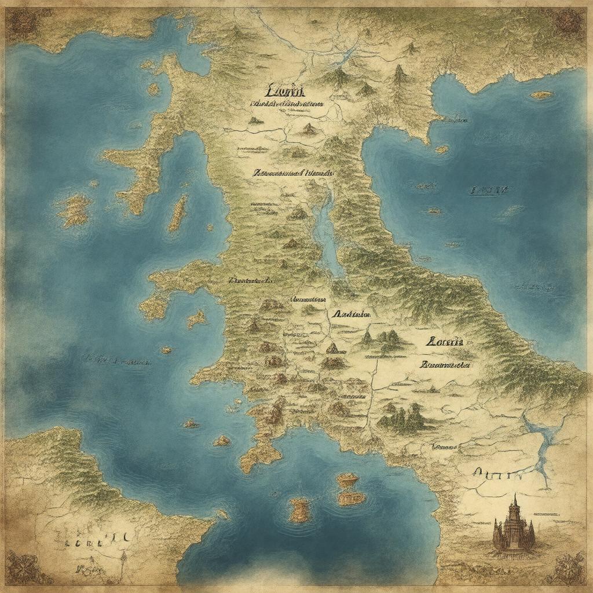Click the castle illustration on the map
(513, 527)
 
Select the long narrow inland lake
(325, 232)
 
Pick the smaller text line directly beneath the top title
(287, 104)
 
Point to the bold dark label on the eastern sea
(489, 190)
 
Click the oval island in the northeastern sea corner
(543, 95)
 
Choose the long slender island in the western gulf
(178, 212)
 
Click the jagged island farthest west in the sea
(74, 210)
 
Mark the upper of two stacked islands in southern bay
(347, 479)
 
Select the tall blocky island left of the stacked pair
(299, 510)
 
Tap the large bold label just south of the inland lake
(352, 314)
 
